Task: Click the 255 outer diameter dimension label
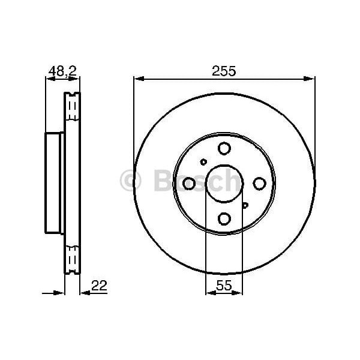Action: point(224,70)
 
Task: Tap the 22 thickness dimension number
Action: point(99,286)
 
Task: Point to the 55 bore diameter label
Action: point(224,286)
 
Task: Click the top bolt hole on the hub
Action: point(224,148)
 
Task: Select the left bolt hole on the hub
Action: point(188,183)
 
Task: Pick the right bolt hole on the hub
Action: point(259,183)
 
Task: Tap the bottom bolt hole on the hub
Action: point(224,218)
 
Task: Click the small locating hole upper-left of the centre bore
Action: point(203,161)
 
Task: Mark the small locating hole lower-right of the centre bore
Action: point(245,205)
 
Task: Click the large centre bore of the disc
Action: point(224,183)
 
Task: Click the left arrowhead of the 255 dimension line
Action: point(137,78)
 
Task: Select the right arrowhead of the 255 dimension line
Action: point(310,78)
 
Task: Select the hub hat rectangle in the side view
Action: point(55,183)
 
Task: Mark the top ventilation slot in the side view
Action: point(72,109)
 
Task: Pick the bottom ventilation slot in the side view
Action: point(72,257)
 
